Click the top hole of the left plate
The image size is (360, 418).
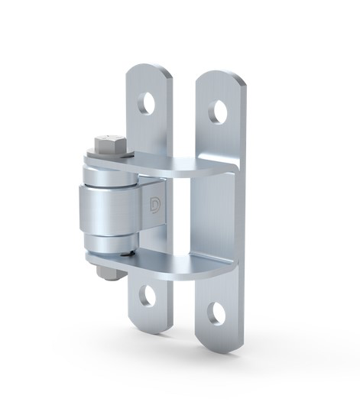coord(147,102)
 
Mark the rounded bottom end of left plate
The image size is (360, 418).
coord(149,321)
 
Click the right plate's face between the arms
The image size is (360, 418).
coord(218,214)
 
